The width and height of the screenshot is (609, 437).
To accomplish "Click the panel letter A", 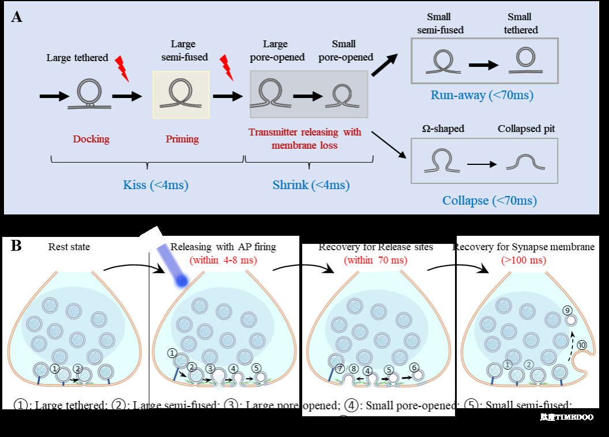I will click(x=17, y=17).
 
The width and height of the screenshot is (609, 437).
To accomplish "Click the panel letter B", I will click(x=16, y=246).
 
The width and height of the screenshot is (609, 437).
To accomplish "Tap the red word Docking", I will click(x=91, y=139).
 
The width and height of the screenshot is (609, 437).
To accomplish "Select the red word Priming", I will click(x=182, y=139).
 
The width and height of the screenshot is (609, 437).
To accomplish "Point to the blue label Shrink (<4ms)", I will click(x=311, y=185).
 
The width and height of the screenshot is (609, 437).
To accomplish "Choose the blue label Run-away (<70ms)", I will click(x=482, y=95).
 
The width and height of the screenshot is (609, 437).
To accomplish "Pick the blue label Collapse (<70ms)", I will click(x=490, y=201).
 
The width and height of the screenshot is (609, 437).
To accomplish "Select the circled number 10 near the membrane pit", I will click(x=582, y=345).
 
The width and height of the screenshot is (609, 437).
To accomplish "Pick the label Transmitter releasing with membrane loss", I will click(x=305, y=138).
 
